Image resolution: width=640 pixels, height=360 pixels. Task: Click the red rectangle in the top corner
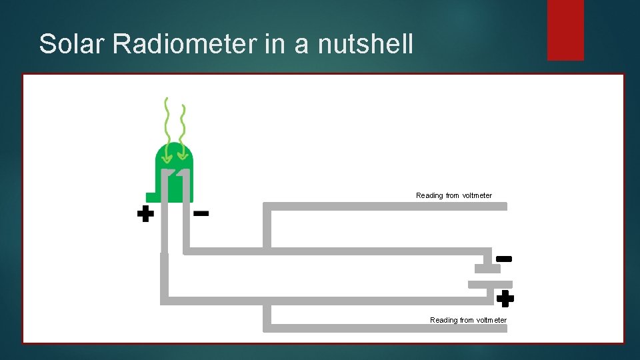tap(565, 30)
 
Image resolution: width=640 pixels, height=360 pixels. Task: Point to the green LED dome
tap(174, 157)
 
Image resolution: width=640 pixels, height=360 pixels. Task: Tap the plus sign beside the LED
tap(145, 214)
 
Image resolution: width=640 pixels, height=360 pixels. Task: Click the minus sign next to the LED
tap(201, 214)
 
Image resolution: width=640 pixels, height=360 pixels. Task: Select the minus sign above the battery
tap(504, 258)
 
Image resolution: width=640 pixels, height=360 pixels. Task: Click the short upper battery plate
tap(487, 269)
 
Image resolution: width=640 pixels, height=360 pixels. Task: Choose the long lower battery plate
tap(490, 284)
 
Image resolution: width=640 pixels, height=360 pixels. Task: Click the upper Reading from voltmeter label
tap(454, 195)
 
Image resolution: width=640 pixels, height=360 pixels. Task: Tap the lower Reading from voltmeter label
tap(468, 320)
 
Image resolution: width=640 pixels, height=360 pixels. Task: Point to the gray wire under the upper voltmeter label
tap(387, 206)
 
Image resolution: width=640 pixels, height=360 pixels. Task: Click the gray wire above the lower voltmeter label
tap(387, 327)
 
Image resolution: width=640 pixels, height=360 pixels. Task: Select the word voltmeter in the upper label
tap(477, 195)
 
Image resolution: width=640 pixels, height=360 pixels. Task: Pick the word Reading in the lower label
tap(444, 320)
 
